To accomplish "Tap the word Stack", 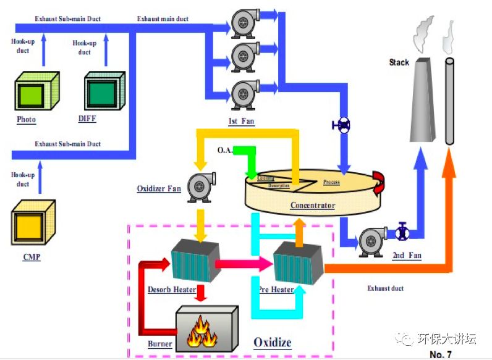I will pos(399,62).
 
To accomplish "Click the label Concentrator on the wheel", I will pos(313,206).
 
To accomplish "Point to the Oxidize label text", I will pos(272,342).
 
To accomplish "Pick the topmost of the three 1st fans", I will pos(245,22).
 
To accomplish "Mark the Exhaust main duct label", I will pos(163,19).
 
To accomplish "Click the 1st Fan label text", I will pos(242,121).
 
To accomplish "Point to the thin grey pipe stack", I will pos(448,102).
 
